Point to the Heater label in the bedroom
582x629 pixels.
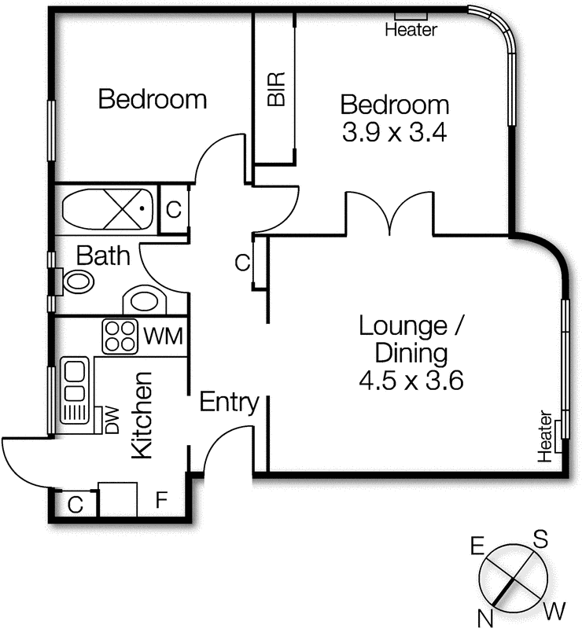(x=411, y=31)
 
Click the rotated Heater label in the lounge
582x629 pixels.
(x=543, y=435)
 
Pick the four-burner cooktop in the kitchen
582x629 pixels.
(x=121, y=337)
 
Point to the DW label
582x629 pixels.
(x=111, y=421)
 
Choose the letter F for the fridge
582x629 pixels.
(x=161, y=499)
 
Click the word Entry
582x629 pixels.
(x=229, y=403)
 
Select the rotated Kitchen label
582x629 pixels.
(x=142, y=414)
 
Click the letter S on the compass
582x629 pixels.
(x=540, y=539)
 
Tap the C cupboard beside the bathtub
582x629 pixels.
(x=174, y=210)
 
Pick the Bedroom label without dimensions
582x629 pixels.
(x=152, y=100)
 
